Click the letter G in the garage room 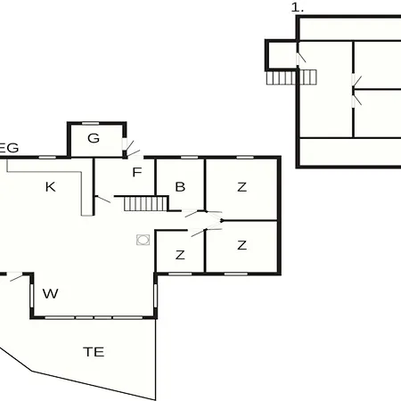94,138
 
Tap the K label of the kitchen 50,187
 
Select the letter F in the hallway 137,172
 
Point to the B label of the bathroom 180,187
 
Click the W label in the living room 50,293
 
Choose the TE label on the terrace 94,352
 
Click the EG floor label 9,148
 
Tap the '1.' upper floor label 298,7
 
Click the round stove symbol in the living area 143,240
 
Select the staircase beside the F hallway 146,204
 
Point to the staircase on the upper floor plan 291,78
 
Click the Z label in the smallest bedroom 180,255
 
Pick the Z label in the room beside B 242,187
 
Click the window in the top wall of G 91,123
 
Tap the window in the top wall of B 190,157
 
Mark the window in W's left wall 31,295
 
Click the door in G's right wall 125,144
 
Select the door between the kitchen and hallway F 102,199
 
